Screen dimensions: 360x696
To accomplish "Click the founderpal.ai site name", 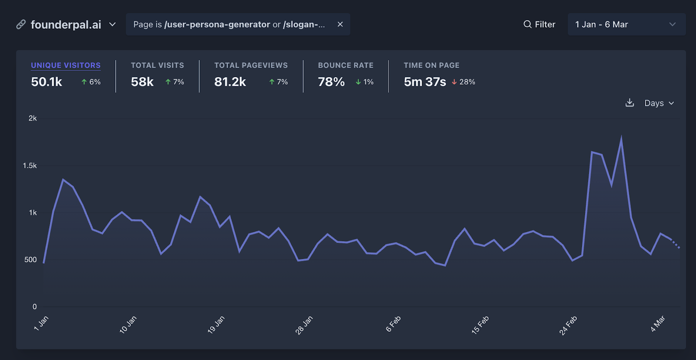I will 66,25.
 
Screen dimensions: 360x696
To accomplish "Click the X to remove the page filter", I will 340,24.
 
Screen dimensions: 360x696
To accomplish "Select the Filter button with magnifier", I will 539,24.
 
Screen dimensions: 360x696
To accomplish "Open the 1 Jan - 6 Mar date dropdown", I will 626,24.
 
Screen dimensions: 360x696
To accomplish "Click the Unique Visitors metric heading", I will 66,65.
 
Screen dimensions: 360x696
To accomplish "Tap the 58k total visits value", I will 142,82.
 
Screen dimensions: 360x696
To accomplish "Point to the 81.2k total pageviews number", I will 230,82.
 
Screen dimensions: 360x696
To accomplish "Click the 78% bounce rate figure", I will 331,82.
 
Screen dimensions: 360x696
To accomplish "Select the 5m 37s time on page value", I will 425,82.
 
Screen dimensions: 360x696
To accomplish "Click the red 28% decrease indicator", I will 463,82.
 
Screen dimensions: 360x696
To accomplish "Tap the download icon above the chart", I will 629,103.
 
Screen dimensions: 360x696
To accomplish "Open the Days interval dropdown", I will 659,103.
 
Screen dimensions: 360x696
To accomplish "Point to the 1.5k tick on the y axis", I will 30,165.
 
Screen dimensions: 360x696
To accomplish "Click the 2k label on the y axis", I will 33,118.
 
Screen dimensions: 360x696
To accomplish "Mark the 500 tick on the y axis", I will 30,260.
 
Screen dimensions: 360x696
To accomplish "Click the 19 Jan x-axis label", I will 216,325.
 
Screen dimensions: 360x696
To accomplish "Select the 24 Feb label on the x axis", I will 568,325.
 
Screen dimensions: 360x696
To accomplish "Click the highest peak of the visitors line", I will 621,138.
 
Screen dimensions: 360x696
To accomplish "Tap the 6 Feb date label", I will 393,324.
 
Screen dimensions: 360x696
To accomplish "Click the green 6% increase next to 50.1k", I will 91,82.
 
